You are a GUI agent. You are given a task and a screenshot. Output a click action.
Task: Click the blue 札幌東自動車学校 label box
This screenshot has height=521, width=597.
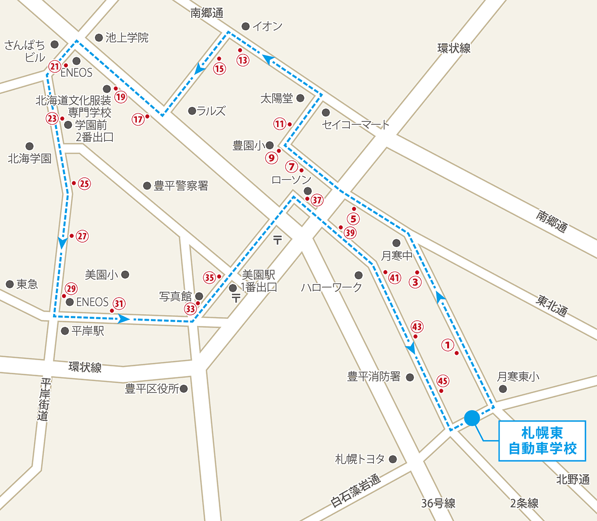[x=542, y=441]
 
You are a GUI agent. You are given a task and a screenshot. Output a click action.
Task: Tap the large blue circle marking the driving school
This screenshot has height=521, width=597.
[x=472, y=417]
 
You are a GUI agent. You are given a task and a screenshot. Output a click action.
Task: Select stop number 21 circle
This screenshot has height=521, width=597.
[x=54, y=66]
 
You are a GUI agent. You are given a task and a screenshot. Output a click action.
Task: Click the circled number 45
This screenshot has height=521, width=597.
[x=442, y=381]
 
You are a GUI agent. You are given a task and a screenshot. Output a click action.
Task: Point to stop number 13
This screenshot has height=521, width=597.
[x=243, y=60]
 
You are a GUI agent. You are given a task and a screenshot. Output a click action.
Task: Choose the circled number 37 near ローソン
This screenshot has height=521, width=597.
[x=317, y=200]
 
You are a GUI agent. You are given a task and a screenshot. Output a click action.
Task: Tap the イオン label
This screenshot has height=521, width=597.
[x=267, y=26]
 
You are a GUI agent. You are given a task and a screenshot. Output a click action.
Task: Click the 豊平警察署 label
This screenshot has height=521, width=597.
[x=181, y=186]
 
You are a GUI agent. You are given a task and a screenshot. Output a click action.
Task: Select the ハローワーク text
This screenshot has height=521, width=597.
[x=331, y=287]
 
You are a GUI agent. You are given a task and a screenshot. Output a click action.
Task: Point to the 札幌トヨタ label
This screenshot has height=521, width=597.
[x=360, y=459]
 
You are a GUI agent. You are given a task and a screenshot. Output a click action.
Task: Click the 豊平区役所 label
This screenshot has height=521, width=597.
[x=152, y=389]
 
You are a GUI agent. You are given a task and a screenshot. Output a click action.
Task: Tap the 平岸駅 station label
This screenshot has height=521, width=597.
[x=88, y=331]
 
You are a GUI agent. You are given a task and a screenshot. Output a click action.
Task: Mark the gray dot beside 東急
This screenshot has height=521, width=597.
[x=10, y=284]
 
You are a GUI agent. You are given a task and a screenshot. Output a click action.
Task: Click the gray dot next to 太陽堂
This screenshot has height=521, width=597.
[x=300, y=98]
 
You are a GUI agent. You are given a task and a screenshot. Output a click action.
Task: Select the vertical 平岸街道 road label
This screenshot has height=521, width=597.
[x=44, y=399]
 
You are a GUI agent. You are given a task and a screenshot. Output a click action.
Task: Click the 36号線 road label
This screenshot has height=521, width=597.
[x=438, y=504]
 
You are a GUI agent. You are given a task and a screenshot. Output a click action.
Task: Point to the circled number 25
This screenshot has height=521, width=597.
[x=84, y=183]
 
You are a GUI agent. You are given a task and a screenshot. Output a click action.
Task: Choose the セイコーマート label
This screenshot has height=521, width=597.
[x=356, y=125]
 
